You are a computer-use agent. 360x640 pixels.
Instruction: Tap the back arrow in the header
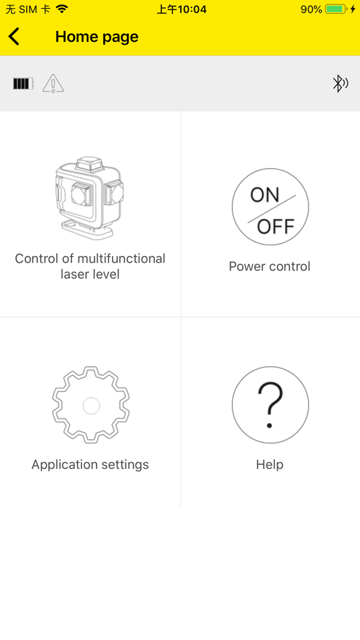pos(13,36)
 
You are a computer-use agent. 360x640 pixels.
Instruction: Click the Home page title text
pos(97,37)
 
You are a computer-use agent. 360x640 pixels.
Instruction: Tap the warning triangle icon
pos(53,84)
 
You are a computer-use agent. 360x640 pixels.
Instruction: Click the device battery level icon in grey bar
pos(24,84)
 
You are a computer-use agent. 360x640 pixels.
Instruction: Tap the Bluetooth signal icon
pos(340,84)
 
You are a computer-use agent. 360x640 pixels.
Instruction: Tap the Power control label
pos(270,267)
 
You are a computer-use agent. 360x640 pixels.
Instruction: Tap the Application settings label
pos(90,464)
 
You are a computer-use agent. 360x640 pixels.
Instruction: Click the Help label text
pos(270,464)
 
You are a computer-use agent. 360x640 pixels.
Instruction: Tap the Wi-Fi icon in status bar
pos(62,9)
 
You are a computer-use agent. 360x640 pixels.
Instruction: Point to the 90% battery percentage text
pos(311,9)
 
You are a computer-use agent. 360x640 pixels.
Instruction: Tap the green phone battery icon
pos(336,9)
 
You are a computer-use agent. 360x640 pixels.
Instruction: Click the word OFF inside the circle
pos(276,226)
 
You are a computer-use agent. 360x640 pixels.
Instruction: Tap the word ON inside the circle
pos(265,195)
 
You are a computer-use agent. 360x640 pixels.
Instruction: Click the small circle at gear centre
pos(91,406)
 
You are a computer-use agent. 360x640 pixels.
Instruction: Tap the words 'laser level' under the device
pos(90,274)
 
